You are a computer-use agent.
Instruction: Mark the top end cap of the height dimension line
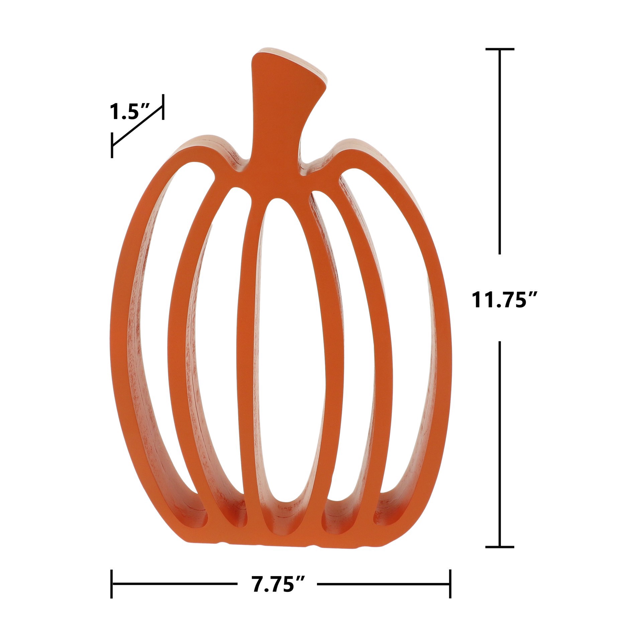tap(500, 49)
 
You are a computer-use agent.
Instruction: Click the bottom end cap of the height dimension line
tap(500, 547)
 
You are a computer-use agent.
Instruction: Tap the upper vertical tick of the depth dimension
tap(163, 107)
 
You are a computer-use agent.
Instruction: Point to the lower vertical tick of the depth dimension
tap(112, 145)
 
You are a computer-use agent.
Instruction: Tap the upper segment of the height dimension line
tap(500, 150)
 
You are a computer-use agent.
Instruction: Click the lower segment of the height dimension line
tap(500, 445)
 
